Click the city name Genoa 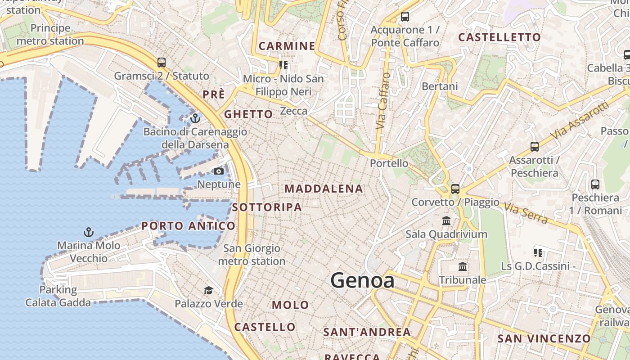pyautogui.click(x=362, y=281)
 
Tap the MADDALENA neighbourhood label pyautogui.click(x=324, y=189)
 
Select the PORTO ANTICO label pyautogui.click(x=188, y=226)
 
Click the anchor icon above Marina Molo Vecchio pyautogui.click(x=89, y=232)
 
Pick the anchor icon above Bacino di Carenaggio pyautogui.click(x=195, y=118)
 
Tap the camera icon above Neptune pyautogui.click(x=218, y=171)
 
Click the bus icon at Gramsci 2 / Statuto pyautogui.click(x=161, y=63)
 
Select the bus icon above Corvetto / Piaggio pyautogui.click(x=455, y=189)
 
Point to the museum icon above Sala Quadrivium pyautogui.click(x=446, y=220)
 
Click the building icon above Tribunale pyautogui.click(x=462, y=266)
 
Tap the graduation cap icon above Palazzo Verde pyautogui.click(x=208, y=290)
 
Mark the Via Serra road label pyautogui.click(x=526, y=214)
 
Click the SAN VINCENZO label pyautogui.click(x=544, y=338)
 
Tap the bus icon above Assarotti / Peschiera pyautogui.click(x=534, y=146)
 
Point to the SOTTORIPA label pyautogui.click(x=267, y=207)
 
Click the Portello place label pyautogui.click(x=389, y=163)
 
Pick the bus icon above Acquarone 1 pyautogui.click(x=405, y=17)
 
